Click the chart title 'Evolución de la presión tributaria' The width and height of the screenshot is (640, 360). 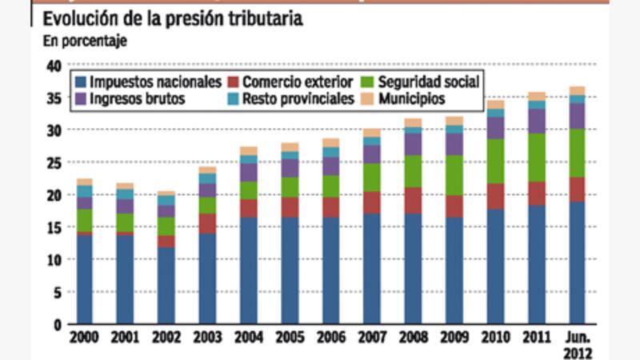point(172,18)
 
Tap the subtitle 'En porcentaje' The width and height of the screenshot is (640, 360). point(83,40)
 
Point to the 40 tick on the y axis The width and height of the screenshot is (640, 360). point(54,66)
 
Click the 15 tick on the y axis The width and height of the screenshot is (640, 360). point(54,227)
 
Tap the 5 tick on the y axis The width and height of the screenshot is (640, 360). point(57,292)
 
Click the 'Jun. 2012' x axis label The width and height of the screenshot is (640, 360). point(578,344)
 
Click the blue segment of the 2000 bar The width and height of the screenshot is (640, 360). point(84,280)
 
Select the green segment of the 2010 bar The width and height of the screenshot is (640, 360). point(495,162)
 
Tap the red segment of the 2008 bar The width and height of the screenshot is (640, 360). point(413,200)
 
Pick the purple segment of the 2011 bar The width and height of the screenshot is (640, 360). point(536,121)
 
